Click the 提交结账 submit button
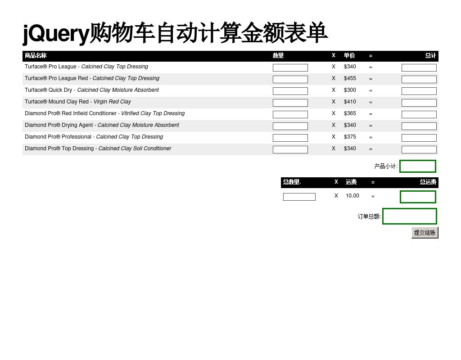(425, 233)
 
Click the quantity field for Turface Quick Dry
(290, 91)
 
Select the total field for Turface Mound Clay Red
(419, 103)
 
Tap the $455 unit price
(350, 78)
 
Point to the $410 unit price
(350, 102)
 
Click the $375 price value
(350, 137)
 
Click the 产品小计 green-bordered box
(417, 166)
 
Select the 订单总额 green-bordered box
(410, 216)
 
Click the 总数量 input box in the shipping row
(299, 197)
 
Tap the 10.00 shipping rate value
(352, 196)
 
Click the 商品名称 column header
(36, 55)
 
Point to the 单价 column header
(349, 55)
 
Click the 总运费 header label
(428, 182)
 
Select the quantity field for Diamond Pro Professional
(290, 138)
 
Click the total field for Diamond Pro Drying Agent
(419, 126)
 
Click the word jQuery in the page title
(56, 34)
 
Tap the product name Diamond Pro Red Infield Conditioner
(71, 113)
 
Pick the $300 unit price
(350, 90)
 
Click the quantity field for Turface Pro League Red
(290, 79)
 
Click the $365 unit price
(350, 113)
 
